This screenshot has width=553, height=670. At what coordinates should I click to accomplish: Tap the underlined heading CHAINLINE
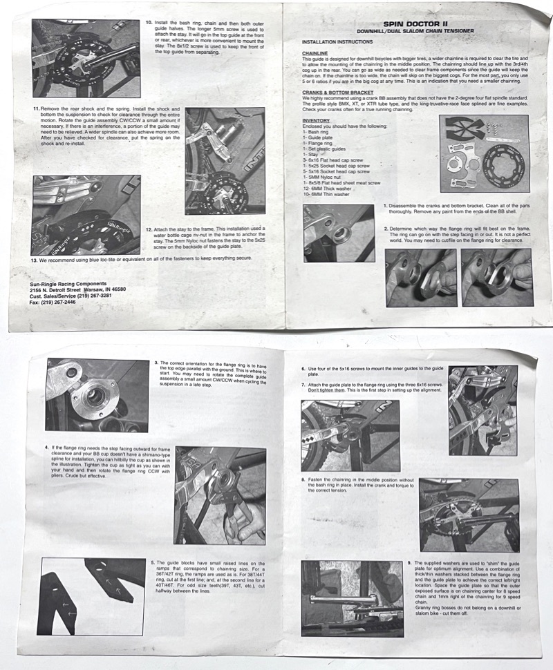click(x=315, y=52)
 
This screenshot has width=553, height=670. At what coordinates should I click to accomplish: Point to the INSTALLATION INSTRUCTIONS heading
click(x=337, y=42)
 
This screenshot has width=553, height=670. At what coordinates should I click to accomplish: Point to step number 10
click(x=148, y=22)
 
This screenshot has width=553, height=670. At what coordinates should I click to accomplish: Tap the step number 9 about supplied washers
click(x=409, y=563)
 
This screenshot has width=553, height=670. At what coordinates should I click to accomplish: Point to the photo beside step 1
click(x=339, y=233)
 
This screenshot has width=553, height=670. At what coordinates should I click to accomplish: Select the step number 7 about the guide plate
click(x=303, y=384)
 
